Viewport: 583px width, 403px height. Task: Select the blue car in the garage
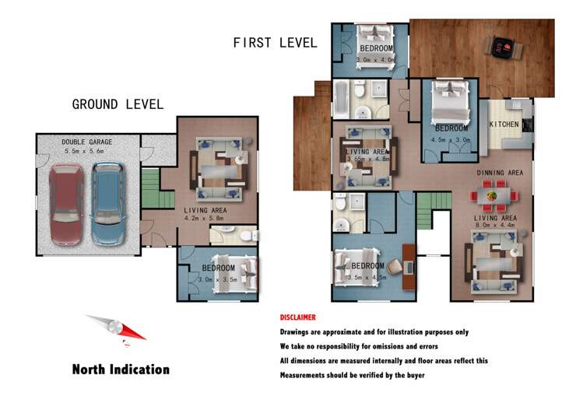click(107, 204)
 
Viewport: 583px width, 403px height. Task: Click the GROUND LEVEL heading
click(118, 104)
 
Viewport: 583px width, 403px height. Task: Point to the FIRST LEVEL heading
click(275, 44)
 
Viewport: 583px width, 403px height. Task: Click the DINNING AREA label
click(500, 173)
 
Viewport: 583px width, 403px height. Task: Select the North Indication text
click(121, 370)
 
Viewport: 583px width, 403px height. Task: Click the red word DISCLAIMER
click(298, 317)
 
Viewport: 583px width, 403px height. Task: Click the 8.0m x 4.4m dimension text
click(495, 227)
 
